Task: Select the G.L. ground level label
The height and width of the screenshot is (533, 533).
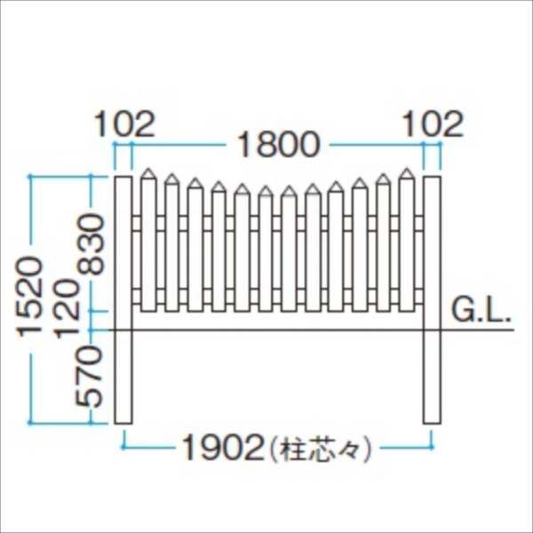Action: tap(479, 311)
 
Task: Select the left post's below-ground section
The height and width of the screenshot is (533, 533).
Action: tap(123, 378)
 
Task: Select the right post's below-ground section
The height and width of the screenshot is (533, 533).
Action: tap(431, 378)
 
